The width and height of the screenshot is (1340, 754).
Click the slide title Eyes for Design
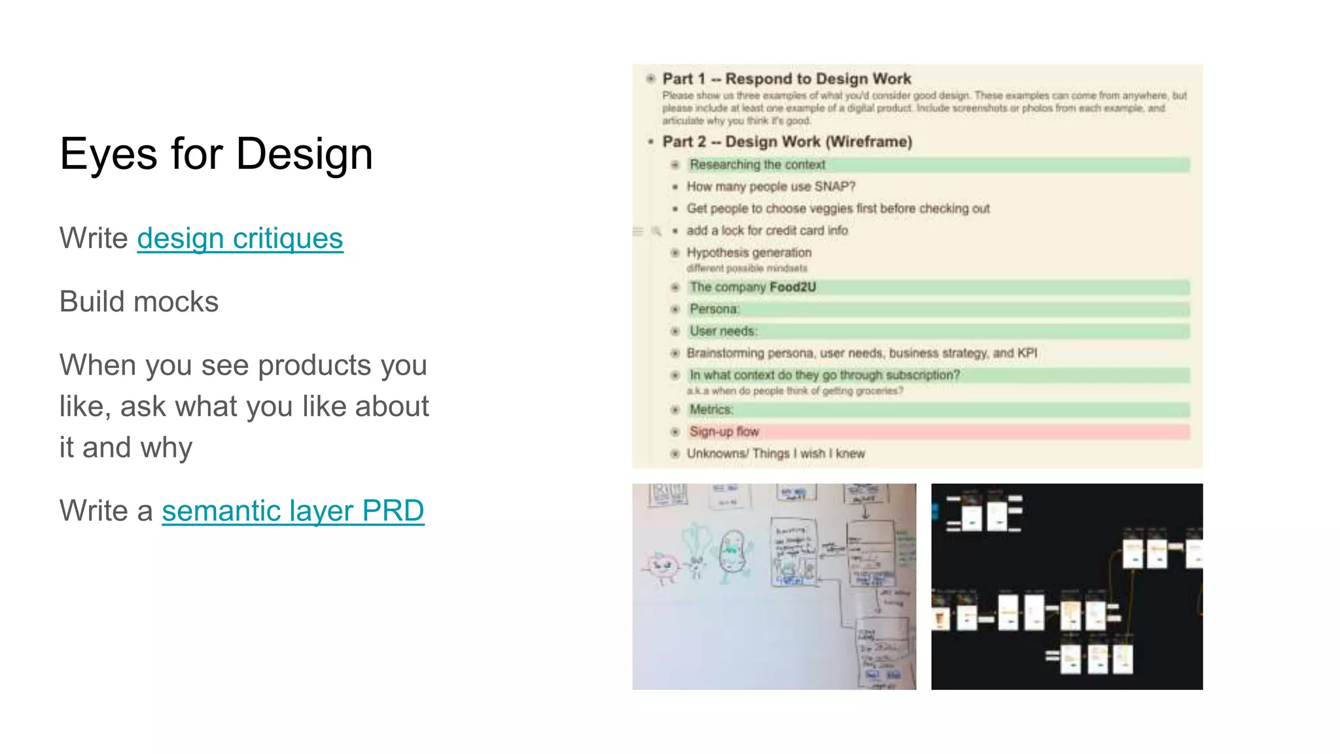click(216, 154)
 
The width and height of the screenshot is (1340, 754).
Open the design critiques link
click(239, 238)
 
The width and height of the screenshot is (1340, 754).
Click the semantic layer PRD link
click(292, 511)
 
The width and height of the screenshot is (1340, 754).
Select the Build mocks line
click(139, 302)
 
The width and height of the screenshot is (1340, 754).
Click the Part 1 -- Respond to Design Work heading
click(786, 79)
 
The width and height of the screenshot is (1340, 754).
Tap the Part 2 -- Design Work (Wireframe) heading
click(786, 142)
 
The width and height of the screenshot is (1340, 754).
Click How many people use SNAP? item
click(771, 187)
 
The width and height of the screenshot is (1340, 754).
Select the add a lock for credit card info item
click(767, 231)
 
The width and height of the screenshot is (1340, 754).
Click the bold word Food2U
click(792, 287)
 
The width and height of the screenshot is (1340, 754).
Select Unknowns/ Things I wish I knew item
click(775, 454)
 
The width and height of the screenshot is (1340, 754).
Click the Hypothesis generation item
click(749, 253)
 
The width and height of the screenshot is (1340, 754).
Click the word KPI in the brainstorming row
click(1027, 353)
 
